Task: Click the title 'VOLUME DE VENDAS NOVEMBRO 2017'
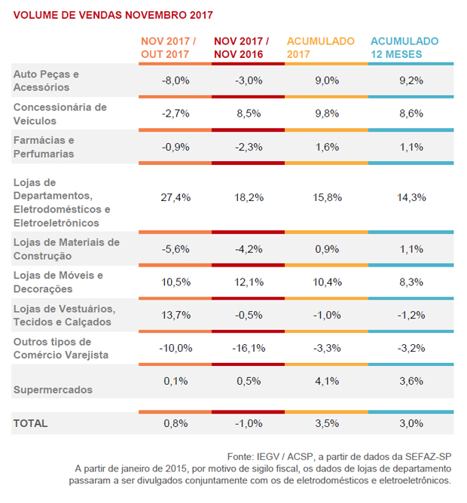pyautogui.click(x=113, y=15)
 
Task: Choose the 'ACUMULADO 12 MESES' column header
pyautogui.click(x=404, y=47)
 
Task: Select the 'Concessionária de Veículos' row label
pyautogui.click(x=60, y=114)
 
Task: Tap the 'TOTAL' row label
pyautogui.click(x=30, y=423)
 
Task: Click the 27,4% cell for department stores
pyautogui.click(x=176, y=197)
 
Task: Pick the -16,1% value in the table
pyautogui.click(x=249, y=349)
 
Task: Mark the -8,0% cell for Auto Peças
pyautogui.click(x=176, y=81)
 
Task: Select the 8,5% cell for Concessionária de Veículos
pyautogui.click(x=249, y=114)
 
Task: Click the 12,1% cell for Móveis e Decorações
pyautogui.click(x=249, y=282)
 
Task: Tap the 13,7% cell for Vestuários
pyautogui.click(x=176, y=315)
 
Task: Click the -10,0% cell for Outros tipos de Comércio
pyautogui.click(x=176, y=349)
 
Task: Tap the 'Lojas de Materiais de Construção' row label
pyautogui.click(x=66, y=248)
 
